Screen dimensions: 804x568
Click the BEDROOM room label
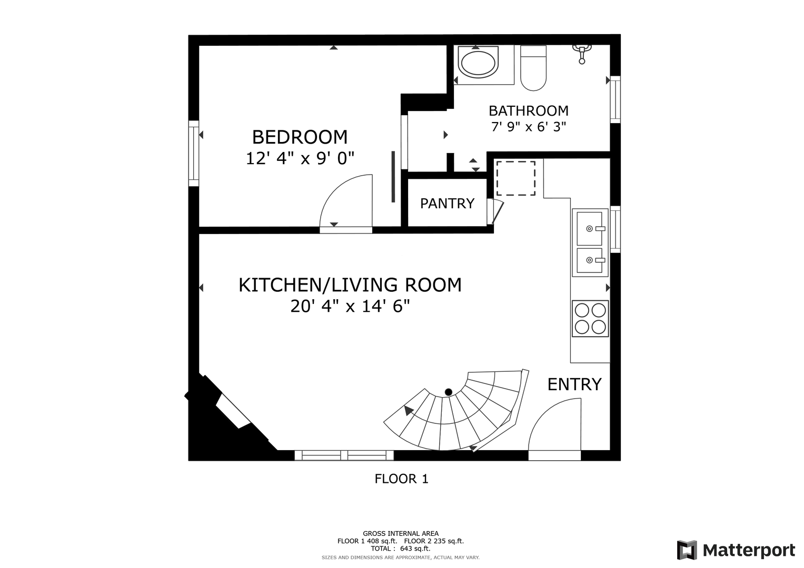[300, 137]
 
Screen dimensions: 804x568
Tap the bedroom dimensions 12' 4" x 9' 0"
[300, 158]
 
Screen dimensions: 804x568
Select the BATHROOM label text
[529, 111]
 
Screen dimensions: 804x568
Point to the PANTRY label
[447, 204]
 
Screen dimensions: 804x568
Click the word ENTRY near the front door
[574, 384]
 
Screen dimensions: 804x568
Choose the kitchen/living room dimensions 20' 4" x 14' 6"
[350, 306]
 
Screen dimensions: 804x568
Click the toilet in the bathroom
[533, 68]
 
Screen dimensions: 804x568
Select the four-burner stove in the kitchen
[590, 318]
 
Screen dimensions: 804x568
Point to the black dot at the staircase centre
[448, 392]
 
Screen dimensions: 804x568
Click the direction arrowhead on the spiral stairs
[408, 410]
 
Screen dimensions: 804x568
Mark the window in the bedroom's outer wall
[194, 154]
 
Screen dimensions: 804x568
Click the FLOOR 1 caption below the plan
[402, 479]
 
